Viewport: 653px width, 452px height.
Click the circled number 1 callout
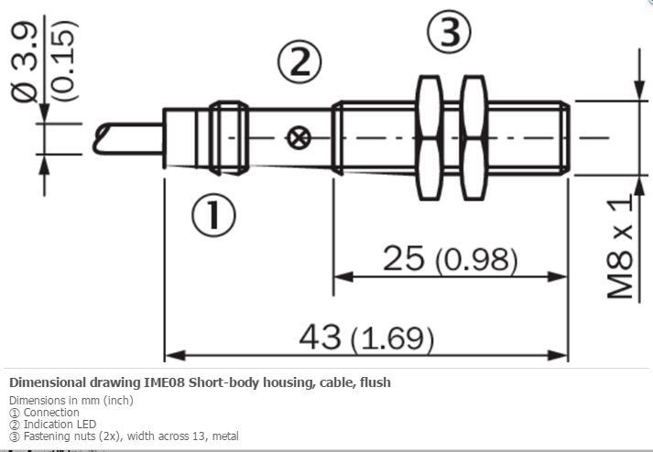(x=212, y=215)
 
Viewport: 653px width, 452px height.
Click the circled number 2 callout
(x=299, y=62)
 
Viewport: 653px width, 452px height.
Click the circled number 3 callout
(x=449, y=34)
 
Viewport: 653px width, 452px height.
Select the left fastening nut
(x=428, y=138)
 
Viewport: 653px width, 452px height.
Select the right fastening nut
(x=473, y=138)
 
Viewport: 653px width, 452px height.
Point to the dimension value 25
(x=402, y=259)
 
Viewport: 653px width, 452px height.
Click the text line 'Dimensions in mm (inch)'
(x=71, y=400)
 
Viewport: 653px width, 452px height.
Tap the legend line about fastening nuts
(x=124, y=436)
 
